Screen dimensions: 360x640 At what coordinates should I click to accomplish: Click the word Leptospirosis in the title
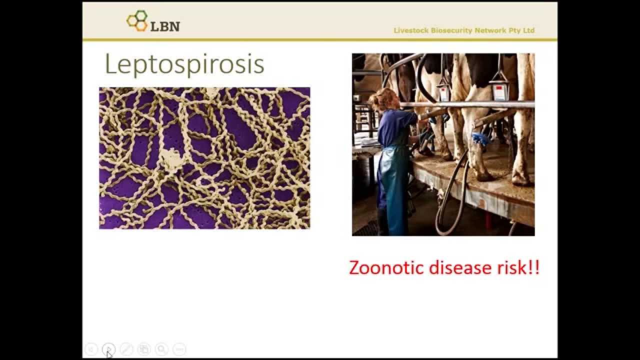point(184,64)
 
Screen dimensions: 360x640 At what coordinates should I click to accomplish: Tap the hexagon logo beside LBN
point(137,21)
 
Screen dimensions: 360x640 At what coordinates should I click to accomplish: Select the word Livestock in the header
point(408,30)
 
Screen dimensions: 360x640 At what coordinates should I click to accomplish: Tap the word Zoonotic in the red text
point(383,267)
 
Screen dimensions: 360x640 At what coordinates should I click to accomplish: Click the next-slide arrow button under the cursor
point(109,349)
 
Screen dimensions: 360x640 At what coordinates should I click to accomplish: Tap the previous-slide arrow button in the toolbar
point(91,349)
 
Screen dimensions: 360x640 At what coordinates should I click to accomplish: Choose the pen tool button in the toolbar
point(126,349)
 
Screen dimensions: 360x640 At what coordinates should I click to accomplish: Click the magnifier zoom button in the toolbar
point(161,349)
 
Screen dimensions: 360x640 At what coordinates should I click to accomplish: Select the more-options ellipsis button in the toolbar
point(179,349)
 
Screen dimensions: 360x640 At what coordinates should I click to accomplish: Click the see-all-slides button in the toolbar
point(144,349)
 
